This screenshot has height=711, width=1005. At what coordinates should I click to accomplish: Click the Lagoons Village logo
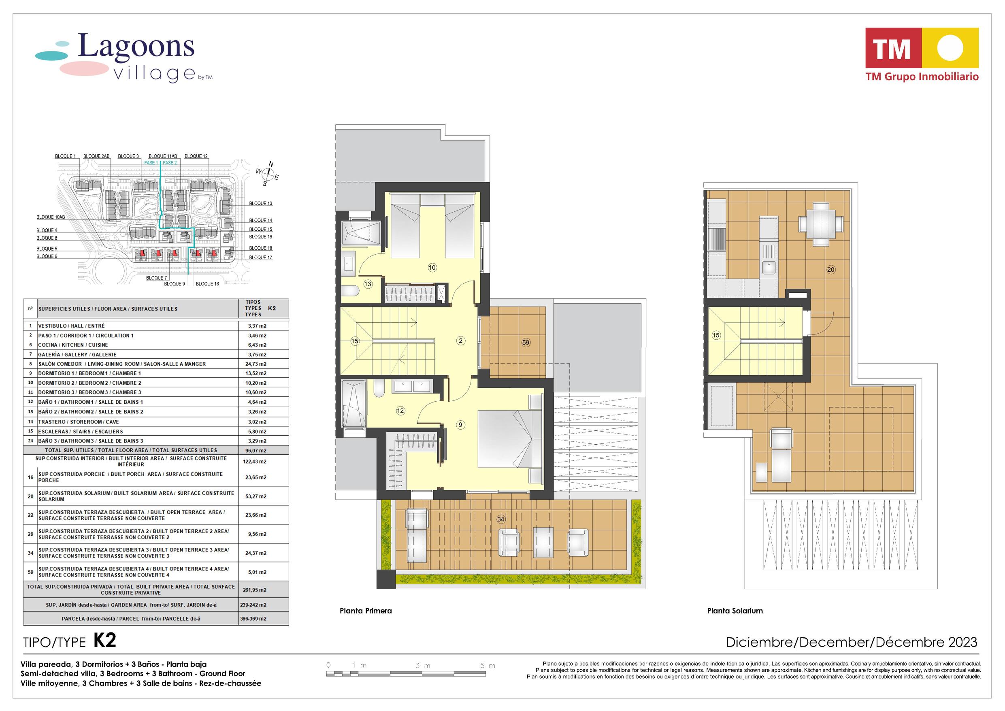click(x=124, y=59)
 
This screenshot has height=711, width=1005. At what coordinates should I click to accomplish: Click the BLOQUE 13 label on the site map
click(x=260, y=204)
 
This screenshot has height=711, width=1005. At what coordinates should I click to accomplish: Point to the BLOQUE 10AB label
click(x=50, y=217)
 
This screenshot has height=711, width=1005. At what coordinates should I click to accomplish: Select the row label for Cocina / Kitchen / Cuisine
click(x=72, y=345)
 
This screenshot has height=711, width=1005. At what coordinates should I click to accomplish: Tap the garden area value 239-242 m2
click(x=254, y=605)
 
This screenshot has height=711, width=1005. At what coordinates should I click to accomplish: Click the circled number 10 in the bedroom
click(x=432, y=268)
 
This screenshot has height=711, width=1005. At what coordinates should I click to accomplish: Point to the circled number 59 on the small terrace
click(x=526, y=343)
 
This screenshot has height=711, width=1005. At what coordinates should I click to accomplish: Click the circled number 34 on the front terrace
click(x=501, y=519)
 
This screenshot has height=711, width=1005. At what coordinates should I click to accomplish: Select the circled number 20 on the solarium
click(x=831, y=270)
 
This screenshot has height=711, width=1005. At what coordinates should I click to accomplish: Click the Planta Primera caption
click(x=366, y=611)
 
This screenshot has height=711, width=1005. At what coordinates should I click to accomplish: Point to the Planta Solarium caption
click(x=735, y=611)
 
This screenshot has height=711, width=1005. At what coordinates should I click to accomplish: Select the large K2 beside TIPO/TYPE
click(x=104, y=641)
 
